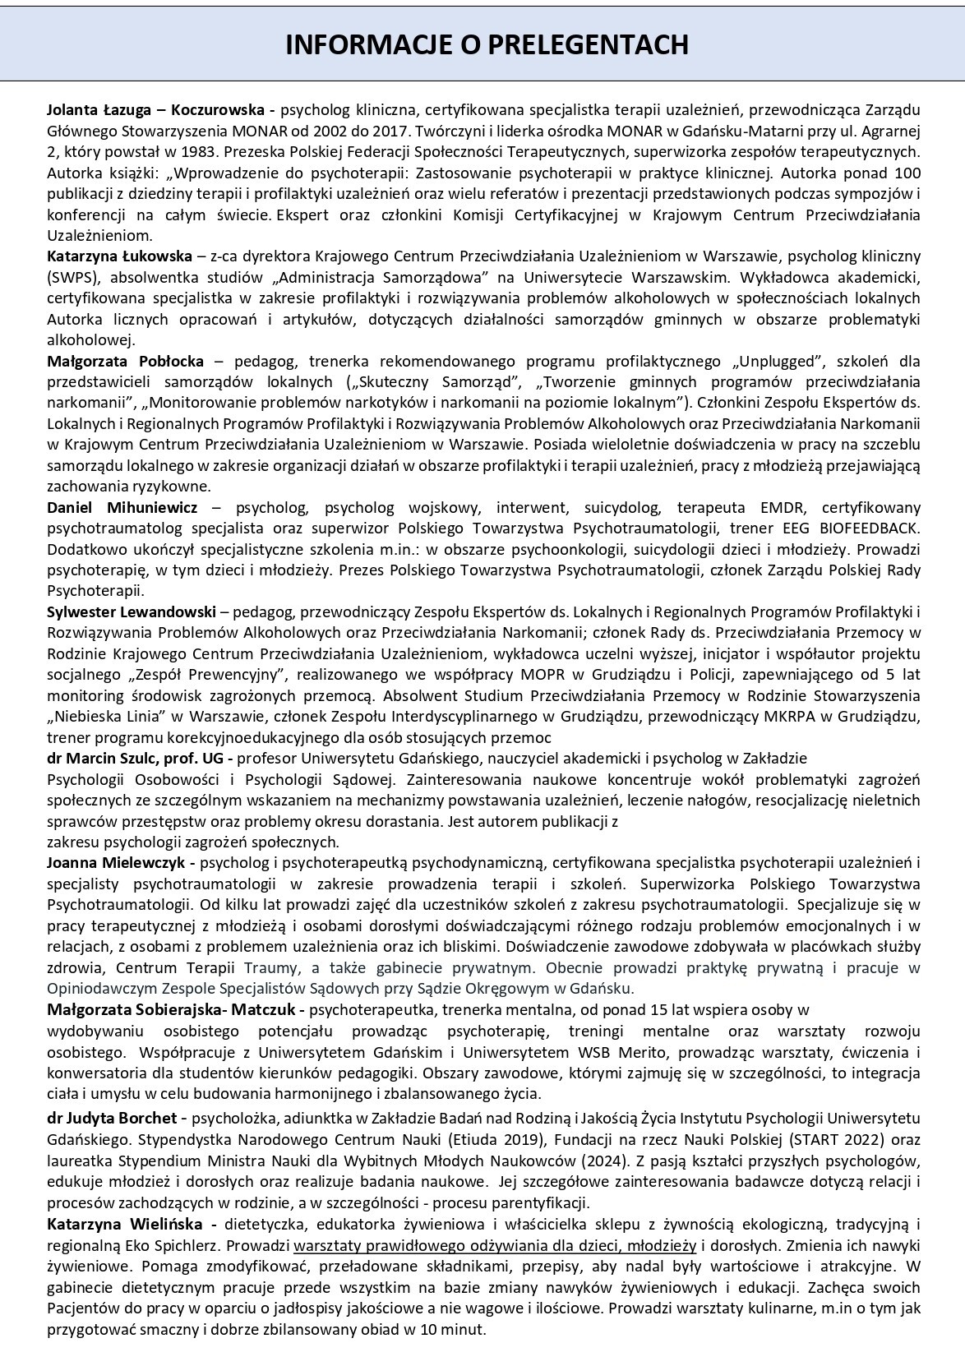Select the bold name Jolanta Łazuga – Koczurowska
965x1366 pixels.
155,110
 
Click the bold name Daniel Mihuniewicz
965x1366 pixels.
122,507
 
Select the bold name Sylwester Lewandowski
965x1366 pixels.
132,612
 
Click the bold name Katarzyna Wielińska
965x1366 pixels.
128,1224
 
